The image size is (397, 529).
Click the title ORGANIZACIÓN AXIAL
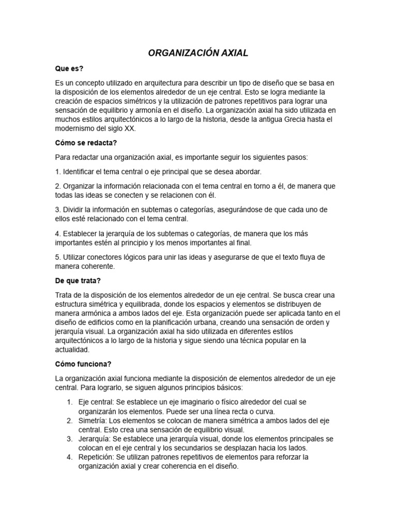tap(198, 53)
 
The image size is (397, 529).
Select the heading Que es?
tap(69, 69)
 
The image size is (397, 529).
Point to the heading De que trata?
tap(78, 281)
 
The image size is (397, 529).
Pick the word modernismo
tap(77, 129)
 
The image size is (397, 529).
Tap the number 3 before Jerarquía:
tap(69, 439)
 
